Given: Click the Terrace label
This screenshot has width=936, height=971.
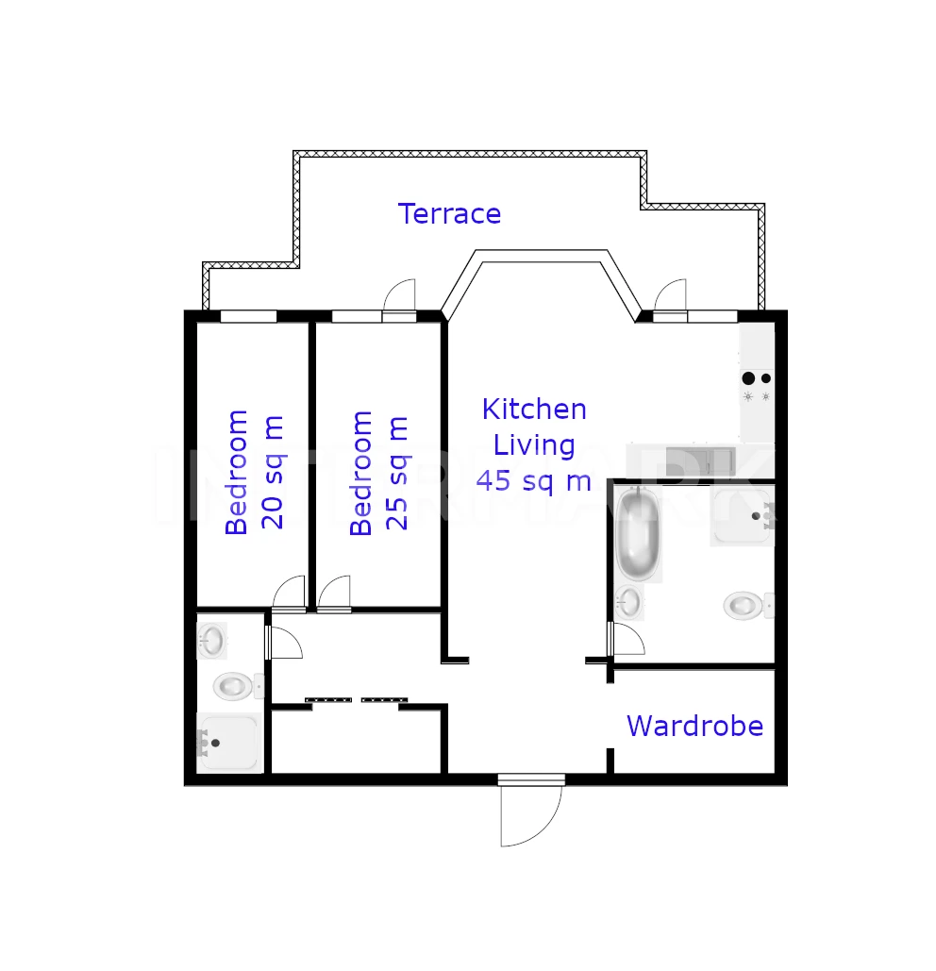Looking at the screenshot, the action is (449, 213).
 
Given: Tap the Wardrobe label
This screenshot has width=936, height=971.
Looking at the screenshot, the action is (695, 726).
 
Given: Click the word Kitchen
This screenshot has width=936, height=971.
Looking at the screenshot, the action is (534, 410).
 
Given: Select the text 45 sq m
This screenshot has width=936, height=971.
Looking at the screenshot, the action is (534, 481).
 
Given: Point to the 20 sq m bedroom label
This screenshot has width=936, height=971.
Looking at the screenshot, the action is (255, 472).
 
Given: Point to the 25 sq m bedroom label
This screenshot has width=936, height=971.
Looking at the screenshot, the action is (378, 473).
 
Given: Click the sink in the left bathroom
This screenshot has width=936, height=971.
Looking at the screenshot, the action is (212, 641).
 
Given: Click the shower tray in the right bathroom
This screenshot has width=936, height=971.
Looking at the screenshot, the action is (743, 515).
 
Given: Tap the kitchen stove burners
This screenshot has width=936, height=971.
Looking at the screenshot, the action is (757, 387).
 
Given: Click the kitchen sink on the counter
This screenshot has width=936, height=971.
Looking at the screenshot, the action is (701, 461).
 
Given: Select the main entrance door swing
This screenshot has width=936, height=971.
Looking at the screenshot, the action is (531, 812).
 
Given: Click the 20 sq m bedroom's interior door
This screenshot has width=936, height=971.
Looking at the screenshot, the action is (289, 594).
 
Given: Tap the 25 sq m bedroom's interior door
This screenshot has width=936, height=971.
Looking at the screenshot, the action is (334, 594).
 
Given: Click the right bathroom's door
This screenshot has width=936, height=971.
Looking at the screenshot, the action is (626, 639).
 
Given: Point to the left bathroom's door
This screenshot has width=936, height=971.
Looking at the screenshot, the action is (283, 643).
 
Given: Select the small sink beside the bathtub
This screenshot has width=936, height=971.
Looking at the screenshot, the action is (629, 602).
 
